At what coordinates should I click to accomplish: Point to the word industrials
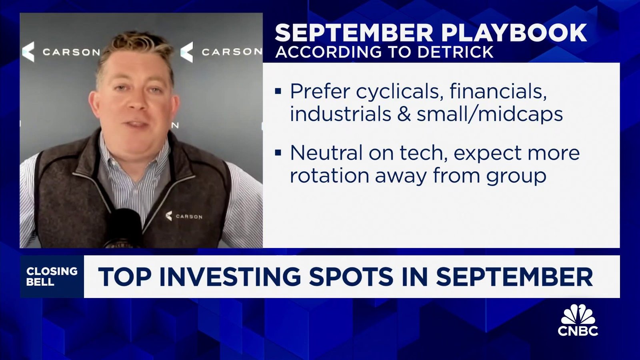[340, 114]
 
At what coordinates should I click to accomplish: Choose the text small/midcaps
[490, 114]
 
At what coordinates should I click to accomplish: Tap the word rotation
[329, 176]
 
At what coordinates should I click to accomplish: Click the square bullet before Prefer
[278, 92]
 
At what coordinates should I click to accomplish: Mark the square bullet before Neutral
[278, 153]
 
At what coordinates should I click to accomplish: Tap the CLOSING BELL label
[52, 276]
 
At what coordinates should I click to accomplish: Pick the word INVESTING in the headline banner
[230, 277]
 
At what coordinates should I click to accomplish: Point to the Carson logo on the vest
[184, 216]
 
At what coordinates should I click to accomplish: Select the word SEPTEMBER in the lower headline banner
[514, 277]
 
